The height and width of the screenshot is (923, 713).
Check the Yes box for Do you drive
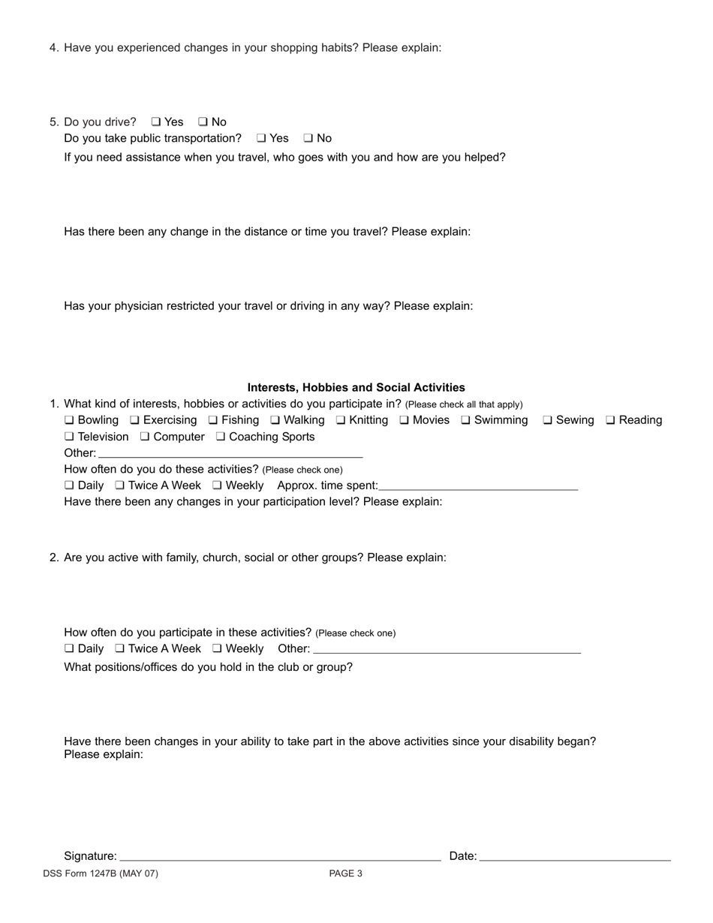click(x=155, y=122)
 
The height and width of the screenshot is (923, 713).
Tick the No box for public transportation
click(x=308, y=138)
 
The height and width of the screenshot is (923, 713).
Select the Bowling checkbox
click(x=69, y=420)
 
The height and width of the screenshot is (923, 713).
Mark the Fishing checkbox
click(x=213, y=420)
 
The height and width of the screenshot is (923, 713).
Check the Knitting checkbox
click(x=341, y=420)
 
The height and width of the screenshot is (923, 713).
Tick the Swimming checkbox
click(x=465, y=420)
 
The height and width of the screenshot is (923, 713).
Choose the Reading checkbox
click(x=610, y=420)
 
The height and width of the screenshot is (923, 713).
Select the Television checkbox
click(x=69, y=437)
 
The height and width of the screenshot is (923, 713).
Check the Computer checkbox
click(x=145, y=437)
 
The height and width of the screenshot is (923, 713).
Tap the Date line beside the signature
click(x=574, y=857)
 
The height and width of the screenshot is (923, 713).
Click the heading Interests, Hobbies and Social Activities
click(x=356, y=387)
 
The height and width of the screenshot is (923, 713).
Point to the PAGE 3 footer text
click(x=345, y=873)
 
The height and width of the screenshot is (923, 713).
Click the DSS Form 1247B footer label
click(x=101, y=873)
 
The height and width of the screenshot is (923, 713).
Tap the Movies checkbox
click(x=404, y=420)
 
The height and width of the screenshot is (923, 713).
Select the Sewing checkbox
click(x=548, y=420)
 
